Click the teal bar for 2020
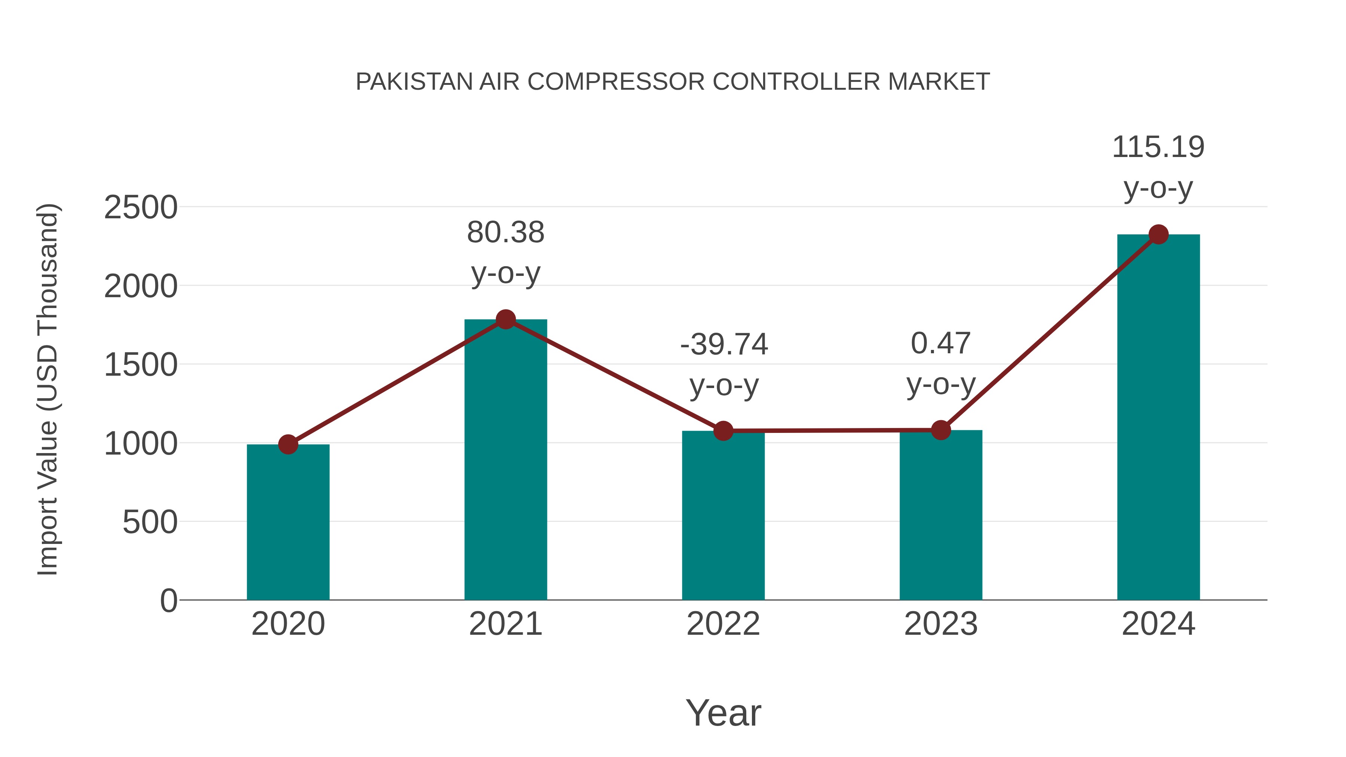click(288, 523)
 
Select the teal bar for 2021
click(505, 460)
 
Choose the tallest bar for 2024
click(1158, 418)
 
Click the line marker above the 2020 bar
click(288, 444)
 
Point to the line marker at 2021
click(505, 319)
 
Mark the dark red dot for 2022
click(723, 431)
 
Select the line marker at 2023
click(941, 430)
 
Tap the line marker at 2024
click(1158, 234)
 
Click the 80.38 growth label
click(505, 233)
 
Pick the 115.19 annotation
click(1158, 147)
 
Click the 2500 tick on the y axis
click(141, 207)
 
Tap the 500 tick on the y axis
click(150, 522)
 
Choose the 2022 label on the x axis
click(723, 624)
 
